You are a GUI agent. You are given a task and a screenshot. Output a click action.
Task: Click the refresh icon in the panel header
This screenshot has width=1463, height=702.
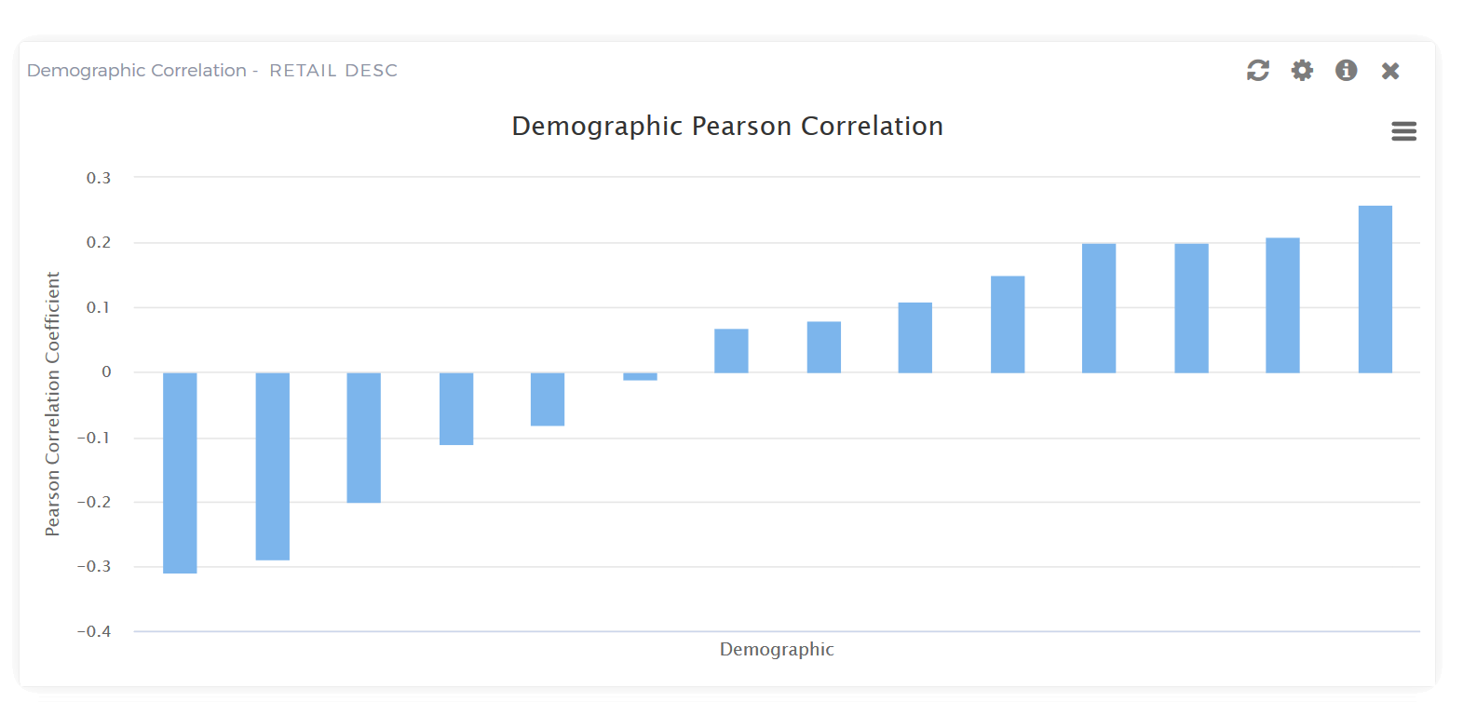[x=1258, y=71]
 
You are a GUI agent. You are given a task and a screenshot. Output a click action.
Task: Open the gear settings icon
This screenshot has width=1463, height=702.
[x=1302, y=71]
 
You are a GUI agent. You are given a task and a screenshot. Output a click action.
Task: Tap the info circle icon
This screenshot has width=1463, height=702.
[x=1346, y=71]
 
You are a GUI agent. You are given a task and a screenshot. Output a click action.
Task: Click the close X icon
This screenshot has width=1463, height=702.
[x=1390, y=71]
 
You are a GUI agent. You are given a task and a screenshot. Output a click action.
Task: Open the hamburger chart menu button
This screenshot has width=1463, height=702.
[x=1403, y=131]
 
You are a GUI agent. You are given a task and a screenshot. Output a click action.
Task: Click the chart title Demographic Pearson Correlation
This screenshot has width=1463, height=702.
[x=727, y=127]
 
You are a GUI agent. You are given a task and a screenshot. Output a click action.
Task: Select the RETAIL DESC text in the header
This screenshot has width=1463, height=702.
[x=333, y=71]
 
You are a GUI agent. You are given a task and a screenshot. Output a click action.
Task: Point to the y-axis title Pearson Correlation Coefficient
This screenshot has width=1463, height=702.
[x=53, y=403]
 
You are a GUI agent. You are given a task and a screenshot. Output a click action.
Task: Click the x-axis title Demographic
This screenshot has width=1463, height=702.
[x=777, y=650]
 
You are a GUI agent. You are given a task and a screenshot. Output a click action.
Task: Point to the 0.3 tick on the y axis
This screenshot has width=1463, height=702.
[x=99, y=178]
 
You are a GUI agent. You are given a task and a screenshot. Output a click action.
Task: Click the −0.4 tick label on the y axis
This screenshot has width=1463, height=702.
[x=94, y=631]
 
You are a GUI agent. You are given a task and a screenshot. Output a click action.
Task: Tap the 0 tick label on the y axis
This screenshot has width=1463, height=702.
[x=106, y=372]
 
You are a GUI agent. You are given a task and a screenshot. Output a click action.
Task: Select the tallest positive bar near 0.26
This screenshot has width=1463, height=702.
[x=1375, y=289]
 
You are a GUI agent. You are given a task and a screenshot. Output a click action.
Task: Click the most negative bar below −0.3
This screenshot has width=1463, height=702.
[x=180, y=473]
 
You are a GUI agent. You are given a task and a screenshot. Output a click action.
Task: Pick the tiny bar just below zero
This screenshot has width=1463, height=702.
[x=640, y=376]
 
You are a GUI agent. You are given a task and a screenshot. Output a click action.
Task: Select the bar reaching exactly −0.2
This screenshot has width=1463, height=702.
[x=363, y=438]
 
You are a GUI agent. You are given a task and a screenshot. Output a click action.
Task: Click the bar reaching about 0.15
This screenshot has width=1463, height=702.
[x=1008, y=324]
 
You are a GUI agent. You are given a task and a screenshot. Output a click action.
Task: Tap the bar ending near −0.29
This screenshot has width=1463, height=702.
[x=272, y=466]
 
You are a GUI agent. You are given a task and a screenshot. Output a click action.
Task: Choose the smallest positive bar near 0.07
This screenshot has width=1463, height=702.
[x=731, y=351]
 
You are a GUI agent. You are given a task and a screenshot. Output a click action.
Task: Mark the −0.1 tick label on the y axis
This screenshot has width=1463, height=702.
[x=94, y=438]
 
